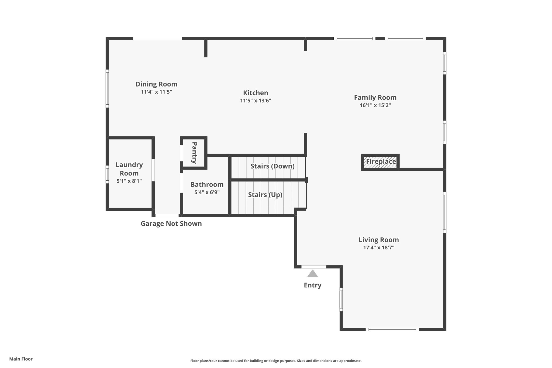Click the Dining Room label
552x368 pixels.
click(156, 84)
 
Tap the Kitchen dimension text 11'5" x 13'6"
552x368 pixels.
click(256, 101)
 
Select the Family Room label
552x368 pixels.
click(375, 97)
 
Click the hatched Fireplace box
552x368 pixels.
click(380, 162)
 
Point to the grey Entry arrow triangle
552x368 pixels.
click(312, 274)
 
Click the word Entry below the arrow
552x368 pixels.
click(312, 285)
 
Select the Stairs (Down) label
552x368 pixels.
click(272, 166)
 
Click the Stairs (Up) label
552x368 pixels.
click(265, 195)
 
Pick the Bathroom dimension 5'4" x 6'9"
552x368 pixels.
click(207, 192)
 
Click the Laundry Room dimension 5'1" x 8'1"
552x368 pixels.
click(129, 181)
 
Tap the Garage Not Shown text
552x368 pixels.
click(171, 223)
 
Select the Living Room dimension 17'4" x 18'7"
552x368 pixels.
click(378, 247)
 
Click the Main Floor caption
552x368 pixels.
click(21, 359)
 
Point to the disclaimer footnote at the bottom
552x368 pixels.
click(276, 361)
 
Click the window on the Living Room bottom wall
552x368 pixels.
click(392, 329)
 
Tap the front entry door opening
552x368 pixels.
click(313, 267)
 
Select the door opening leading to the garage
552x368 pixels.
click(167, 215)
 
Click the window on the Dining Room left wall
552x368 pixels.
click(107, 88)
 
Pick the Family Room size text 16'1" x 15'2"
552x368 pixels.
click(375, 105)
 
